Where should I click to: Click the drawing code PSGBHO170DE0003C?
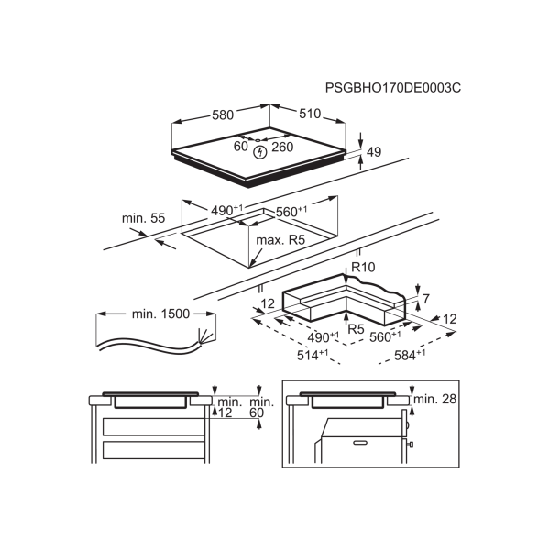pos(393,88)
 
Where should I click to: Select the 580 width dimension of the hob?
pos(223,115)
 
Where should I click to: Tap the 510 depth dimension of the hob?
pos(310,114)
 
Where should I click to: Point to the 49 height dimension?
pos(374,152)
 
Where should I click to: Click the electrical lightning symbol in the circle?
pos(260,152)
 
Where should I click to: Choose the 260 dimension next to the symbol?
pos(282,147)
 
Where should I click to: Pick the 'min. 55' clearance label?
pos(143,218)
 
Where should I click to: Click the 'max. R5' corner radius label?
pos(280,240)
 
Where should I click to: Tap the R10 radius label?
pos(363,268)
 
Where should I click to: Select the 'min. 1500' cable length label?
pos(160,313)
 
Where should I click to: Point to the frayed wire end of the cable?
pos(204,335)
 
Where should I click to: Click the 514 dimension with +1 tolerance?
pos(313,356)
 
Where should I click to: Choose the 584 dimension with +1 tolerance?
pos(410,355)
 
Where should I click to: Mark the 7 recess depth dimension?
pos(426,299)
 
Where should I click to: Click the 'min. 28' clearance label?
pos(434,399)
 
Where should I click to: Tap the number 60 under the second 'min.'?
pos(257,412)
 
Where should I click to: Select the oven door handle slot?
pos(359,443)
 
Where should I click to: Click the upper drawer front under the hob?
pos(154,427)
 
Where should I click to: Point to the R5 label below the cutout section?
pos(356,329)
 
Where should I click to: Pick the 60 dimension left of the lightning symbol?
pos(241,147)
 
